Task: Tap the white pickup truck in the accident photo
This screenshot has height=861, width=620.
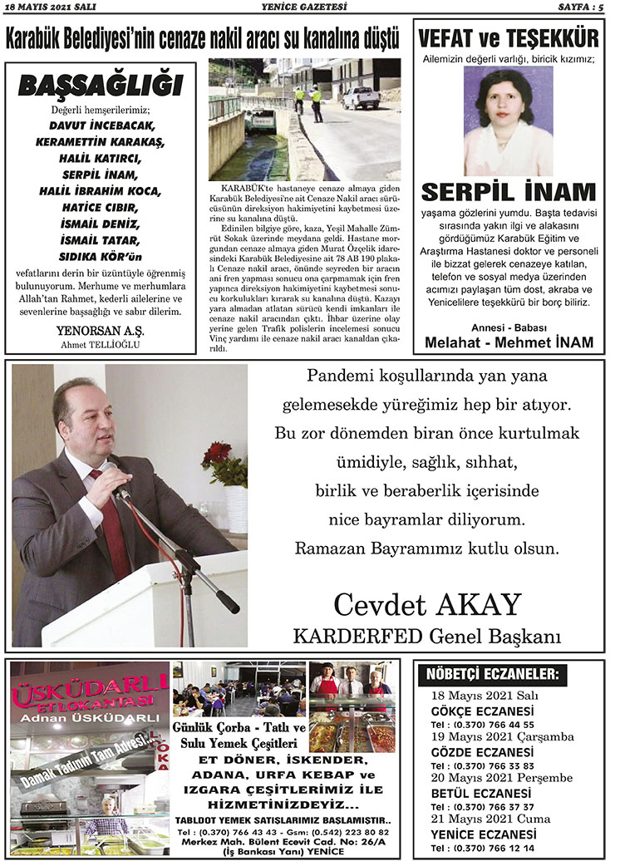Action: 361,97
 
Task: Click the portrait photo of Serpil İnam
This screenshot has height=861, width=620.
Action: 508,121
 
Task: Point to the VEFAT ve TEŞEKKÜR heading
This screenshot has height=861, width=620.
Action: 509,39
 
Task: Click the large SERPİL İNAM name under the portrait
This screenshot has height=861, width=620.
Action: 508,192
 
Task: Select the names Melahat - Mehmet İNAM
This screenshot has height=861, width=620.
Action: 509,342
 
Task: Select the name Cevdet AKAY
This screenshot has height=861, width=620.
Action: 427,605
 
